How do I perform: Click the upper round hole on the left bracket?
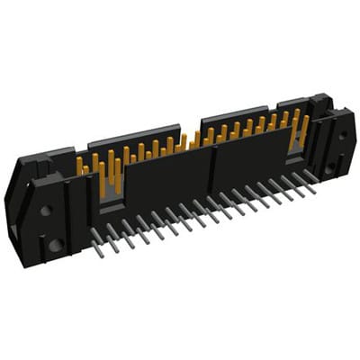point(45,211)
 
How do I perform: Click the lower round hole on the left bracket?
point(55,244)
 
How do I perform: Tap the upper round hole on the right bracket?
point(342,135)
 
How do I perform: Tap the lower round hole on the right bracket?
point(329,167)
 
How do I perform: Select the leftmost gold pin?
point(79,165)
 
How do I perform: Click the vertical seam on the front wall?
point(212,171)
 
